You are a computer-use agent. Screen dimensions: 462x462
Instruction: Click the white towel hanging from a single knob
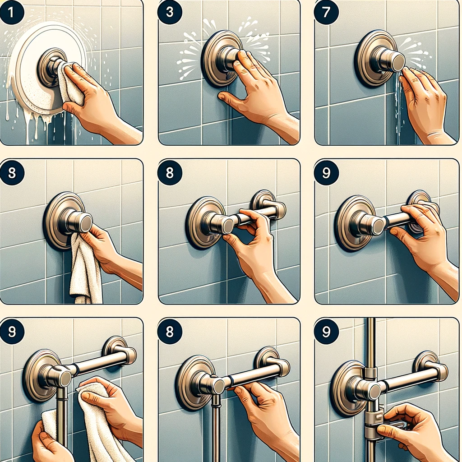[86, 271]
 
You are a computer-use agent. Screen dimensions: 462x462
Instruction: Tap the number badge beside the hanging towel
[11, 172]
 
